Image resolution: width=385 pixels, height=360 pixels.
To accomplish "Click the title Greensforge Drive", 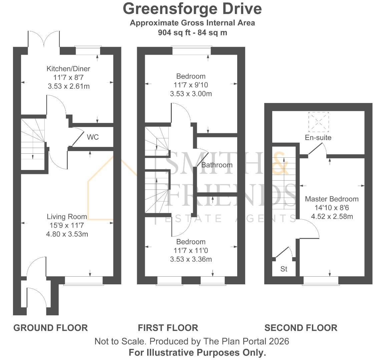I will coord(192,9).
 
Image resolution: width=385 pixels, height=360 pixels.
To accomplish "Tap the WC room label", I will coord(93,137).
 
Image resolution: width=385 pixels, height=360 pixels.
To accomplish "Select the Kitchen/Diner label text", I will coord(68,69).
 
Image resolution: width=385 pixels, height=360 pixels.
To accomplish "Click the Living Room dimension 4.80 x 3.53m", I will coord(67,234).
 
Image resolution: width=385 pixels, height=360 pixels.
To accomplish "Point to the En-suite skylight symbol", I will coord(319,122).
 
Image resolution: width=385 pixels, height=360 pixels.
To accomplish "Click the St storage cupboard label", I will coord(284,269).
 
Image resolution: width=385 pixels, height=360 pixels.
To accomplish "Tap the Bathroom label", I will coord(217,165).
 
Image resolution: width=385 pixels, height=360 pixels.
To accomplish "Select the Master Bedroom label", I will coord(332,199).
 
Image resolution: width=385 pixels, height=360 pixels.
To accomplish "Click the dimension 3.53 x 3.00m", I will coord(191,94).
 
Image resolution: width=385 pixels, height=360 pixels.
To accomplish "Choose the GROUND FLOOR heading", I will coord(50,328).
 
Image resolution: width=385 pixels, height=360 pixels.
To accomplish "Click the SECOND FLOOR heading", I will coord(301,328).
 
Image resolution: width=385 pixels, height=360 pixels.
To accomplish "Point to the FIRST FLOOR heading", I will coord(168,328).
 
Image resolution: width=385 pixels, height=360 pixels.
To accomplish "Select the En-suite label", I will coord(318,138).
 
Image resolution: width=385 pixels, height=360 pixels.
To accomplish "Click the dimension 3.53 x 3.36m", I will coord(191,259).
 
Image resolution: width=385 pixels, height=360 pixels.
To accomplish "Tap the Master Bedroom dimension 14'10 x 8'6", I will coord(332,208).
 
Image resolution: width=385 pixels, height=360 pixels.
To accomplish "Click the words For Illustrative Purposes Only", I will coord(197,352).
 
